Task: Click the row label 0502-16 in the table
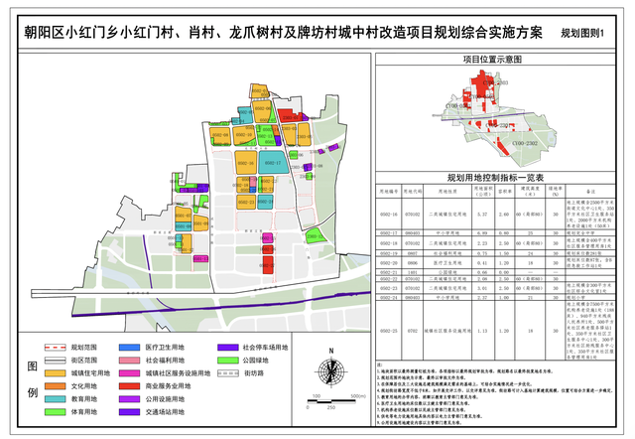tap(388, 214)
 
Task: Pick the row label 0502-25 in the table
tap(388, 330)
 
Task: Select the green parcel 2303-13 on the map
tap(314, 235)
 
